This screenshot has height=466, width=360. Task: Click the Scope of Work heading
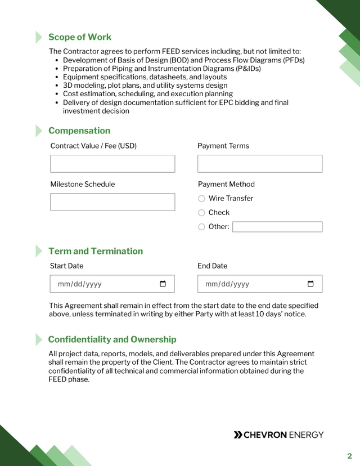79,37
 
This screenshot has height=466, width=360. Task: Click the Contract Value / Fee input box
112,164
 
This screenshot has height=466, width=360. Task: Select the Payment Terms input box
260,164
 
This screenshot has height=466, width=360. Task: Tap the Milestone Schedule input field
112,202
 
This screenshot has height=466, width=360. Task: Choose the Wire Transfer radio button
201,199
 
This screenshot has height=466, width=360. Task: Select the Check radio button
201,213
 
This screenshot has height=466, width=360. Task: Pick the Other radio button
201,227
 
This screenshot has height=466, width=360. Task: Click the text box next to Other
277,227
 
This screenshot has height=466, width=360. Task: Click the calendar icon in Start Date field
163,284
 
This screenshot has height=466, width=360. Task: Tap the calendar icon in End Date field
310,284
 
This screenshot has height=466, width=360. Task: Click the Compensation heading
79,131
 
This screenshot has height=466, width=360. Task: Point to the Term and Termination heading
96,251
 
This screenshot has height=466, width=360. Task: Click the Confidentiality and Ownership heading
112,339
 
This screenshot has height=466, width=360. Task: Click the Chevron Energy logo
278,434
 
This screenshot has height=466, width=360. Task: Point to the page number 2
349,456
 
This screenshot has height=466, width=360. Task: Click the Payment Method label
226,184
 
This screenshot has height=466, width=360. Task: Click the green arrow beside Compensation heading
39,131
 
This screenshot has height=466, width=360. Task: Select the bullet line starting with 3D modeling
145,86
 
